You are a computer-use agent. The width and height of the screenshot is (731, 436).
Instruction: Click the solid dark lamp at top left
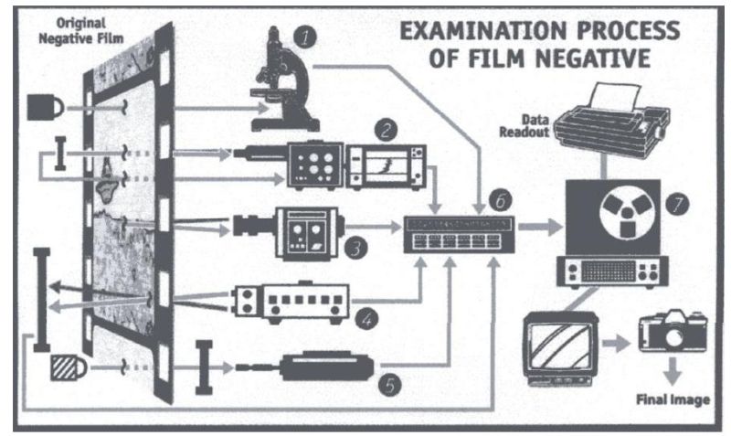tap(46, 106)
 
